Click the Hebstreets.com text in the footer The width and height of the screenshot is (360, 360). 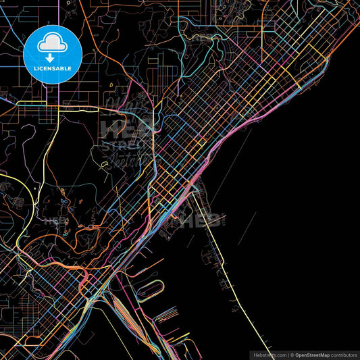[269, 355]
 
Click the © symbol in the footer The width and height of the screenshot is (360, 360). [291, 355]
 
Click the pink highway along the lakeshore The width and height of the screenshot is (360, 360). [223, 136]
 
